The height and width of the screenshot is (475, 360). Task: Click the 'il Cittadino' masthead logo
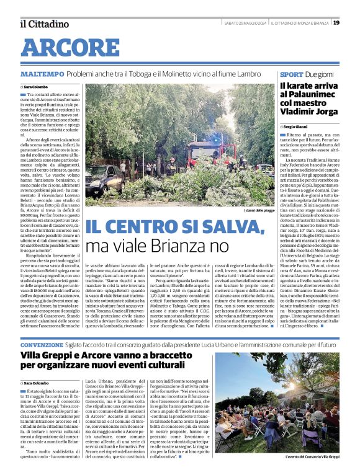click(x=44, y=24)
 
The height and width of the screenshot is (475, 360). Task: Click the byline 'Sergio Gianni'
click(x=299, y=127)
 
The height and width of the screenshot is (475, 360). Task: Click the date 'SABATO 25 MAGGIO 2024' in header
click(x=245, y=23)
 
